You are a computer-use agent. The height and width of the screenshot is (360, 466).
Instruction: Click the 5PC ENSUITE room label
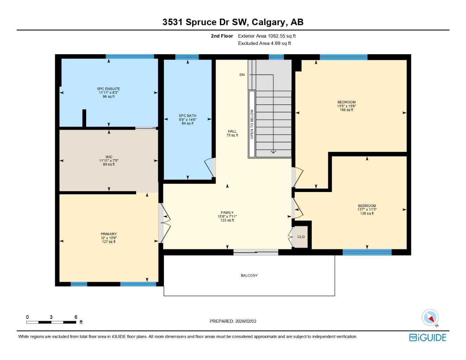[x=109, y=92]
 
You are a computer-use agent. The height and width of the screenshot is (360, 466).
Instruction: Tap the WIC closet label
[x=109, y=161]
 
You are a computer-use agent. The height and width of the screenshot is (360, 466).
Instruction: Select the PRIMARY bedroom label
[x=109, y=238]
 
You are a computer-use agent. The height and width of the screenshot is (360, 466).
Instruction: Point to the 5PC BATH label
[x=187, y=120]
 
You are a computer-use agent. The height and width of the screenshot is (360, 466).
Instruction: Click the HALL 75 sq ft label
[x=232, y=133]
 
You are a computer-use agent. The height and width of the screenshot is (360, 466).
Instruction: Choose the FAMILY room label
[x=227, y=216]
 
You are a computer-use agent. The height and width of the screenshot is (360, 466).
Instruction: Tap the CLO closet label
[x=301, y=237]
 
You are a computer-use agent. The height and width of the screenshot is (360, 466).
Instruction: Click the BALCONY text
[x=249, y=276]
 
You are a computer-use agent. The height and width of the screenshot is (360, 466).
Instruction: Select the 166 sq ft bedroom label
[x=346, y=106]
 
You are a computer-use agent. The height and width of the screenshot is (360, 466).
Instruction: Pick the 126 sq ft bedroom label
[x=367, y=210]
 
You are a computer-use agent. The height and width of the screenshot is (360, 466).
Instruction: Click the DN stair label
[x=242, y=75]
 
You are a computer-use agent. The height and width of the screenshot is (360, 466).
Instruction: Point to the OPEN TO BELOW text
[x=252, y=124]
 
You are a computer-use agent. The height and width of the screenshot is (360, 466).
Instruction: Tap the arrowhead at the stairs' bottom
[x=273, y=152]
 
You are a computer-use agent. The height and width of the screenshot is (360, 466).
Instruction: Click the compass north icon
[x=430, y=318]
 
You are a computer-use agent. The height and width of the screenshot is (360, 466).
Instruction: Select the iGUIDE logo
[x=428, y=337]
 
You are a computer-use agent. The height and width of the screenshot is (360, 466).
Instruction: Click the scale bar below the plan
[x=51, y=322]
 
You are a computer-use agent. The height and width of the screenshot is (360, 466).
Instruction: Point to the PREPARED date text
[x=233, y=321]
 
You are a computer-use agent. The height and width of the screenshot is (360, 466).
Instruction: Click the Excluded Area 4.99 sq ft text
[x=264, y=44]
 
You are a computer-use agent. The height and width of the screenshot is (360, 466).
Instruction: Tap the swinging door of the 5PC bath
[x=210, y=168]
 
